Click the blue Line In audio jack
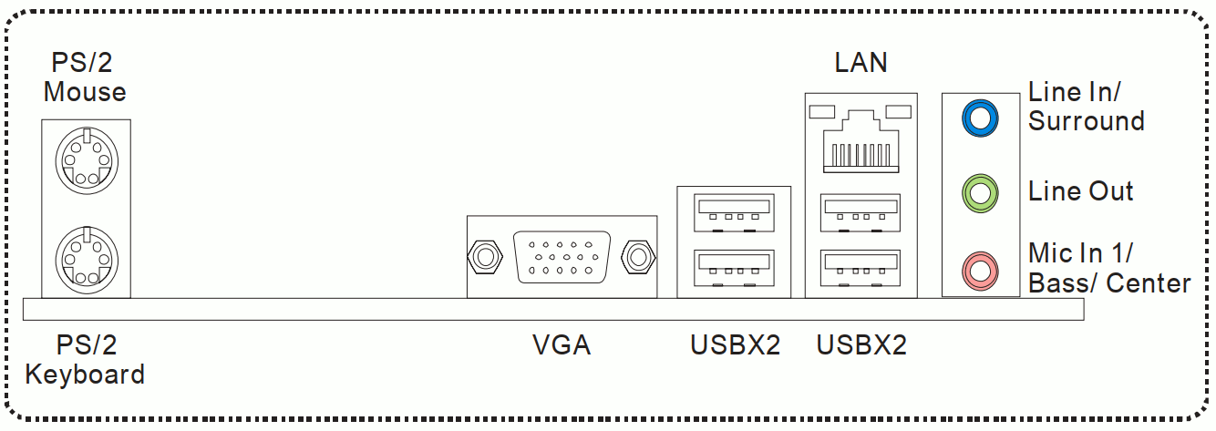point(980,118)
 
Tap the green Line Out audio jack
point(980,192)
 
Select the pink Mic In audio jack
point(980,271)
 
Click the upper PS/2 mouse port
point(87,160)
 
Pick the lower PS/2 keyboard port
point(87,260)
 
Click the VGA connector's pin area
point(562,257)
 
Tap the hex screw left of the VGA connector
point(485,257)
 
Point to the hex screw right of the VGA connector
point(638,257)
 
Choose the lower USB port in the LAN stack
point(861,268)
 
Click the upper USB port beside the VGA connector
point(734,213)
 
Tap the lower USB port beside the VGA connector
point(734,268)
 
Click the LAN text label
point(861,63)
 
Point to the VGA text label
point(562,344)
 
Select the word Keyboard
point(85,375)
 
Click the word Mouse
point(85,92)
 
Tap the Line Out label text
point(1080,191)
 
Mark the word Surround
point(1087,120)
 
